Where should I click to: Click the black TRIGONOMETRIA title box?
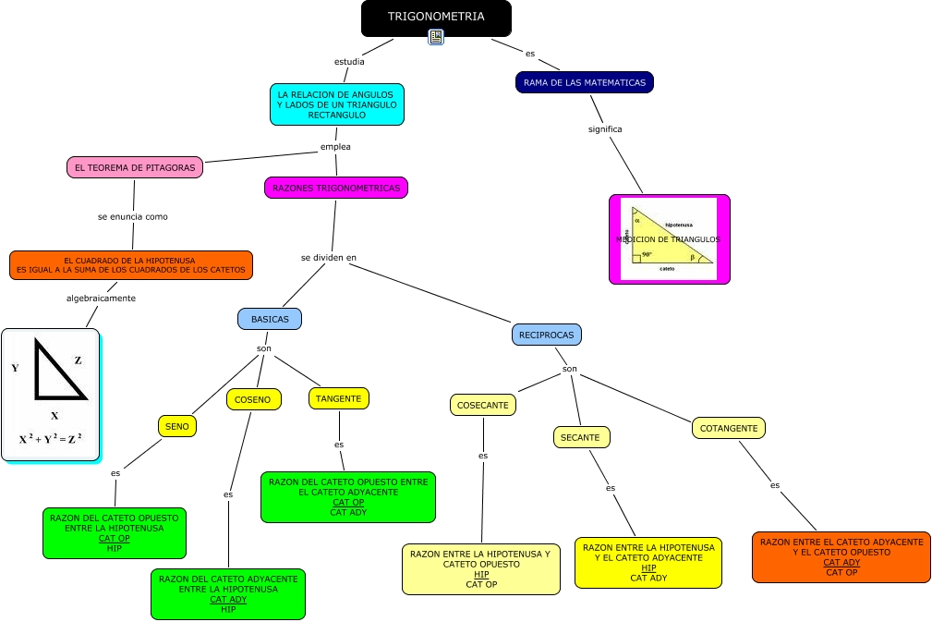435,18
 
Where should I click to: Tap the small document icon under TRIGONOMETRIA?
436,37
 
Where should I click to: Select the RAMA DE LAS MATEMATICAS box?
584,83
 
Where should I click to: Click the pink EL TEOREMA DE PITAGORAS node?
135,167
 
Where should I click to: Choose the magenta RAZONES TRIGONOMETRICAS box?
336,188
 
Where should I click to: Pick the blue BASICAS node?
270,319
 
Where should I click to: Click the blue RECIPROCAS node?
546,335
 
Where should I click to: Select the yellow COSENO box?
253,400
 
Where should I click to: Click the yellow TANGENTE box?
338,398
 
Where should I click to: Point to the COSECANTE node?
483,405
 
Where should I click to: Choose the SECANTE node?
581,437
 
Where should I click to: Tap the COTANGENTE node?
729,428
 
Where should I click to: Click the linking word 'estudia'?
349,62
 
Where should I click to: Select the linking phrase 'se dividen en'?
329,257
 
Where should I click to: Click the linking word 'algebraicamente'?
101,298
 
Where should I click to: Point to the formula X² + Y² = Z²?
51,439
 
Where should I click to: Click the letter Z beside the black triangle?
78,360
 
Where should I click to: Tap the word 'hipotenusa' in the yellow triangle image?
679,225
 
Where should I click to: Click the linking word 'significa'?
605,129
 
